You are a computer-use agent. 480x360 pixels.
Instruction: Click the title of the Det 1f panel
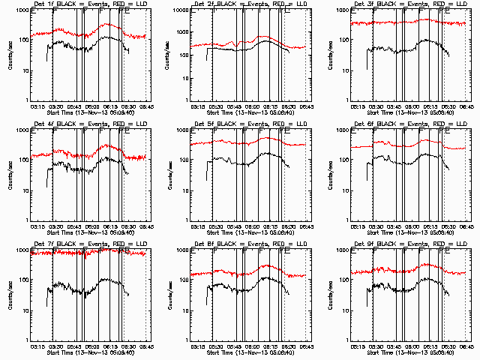[x=89, y=4]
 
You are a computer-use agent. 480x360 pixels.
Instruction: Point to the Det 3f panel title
[x=410, y=4]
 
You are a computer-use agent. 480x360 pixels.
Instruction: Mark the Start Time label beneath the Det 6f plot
[x=410, y=232]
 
